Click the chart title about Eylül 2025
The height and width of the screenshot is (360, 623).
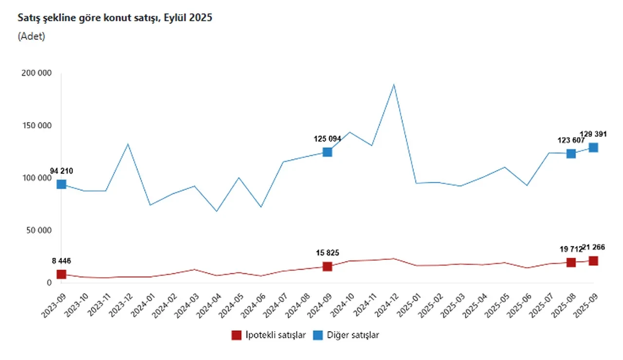point(115,18)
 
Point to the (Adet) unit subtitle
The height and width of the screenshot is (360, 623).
point(31,36)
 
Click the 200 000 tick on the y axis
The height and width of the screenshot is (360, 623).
point(37,73)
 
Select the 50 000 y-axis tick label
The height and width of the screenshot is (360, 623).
point(38,230)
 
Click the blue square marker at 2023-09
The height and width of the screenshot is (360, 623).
point(61,184)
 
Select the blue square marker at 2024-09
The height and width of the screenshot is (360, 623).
point(328,152)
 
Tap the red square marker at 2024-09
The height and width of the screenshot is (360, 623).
point(328,266)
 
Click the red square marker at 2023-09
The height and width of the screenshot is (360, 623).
point(61,274)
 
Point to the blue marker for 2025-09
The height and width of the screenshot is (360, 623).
point(593,147)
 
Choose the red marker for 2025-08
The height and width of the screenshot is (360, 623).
point(571,262)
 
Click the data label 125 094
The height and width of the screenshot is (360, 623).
point(328,139)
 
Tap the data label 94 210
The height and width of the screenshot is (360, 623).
point(61,171)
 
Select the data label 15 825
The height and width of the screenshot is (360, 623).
point(328,253)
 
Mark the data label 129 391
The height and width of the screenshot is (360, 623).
point(593,134)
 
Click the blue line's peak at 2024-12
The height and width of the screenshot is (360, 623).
point(394,85)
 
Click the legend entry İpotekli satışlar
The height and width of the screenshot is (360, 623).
point(269,335)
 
